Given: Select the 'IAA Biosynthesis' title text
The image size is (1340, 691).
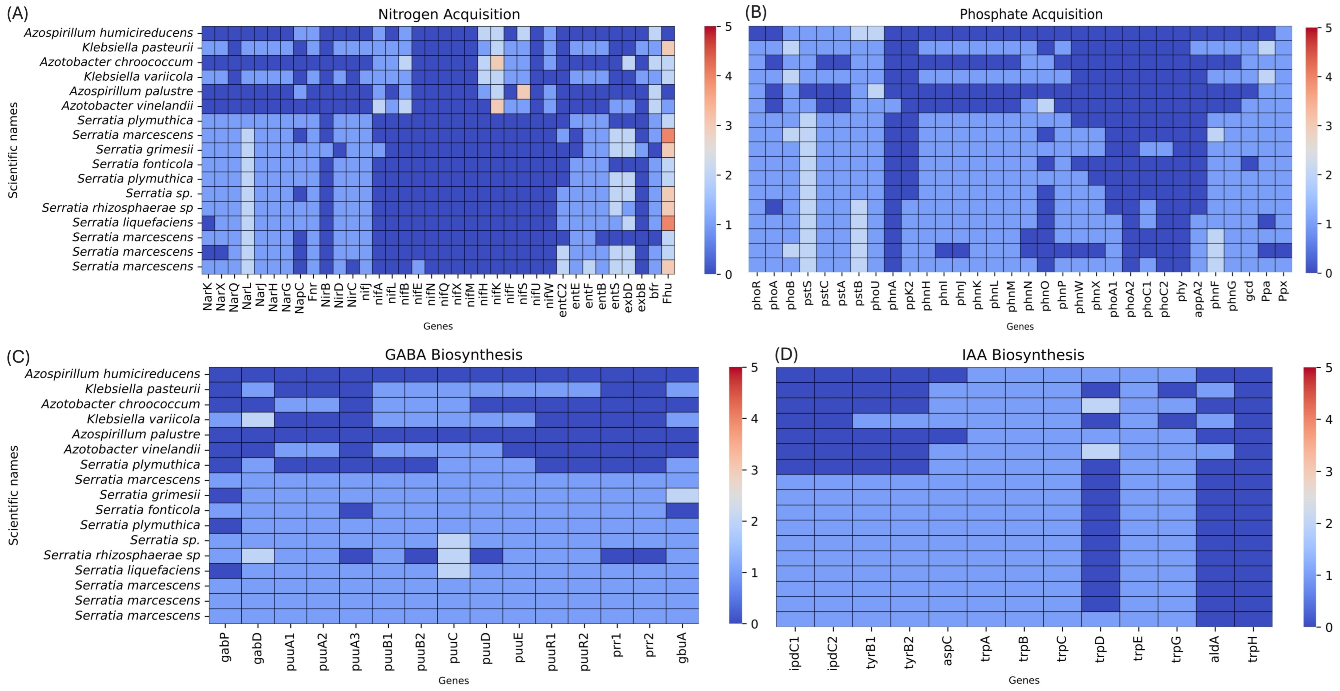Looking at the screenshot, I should point(1023,355).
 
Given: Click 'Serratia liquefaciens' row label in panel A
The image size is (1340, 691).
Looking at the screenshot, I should point(133,222).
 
